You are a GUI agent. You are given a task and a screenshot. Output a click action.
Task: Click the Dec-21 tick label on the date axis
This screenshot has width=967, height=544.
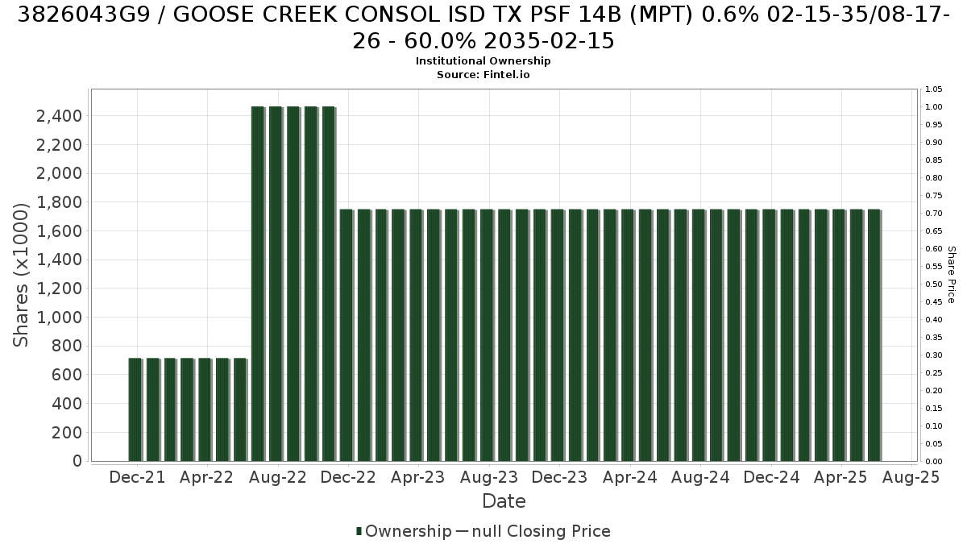pos(137,477)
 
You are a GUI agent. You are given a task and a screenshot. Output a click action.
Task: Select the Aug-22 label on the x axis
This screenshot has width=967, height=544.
pos(278,477)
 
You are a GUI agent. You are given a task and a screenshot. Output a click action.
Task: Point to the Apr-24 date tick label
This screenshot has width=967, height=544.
pos(630,477)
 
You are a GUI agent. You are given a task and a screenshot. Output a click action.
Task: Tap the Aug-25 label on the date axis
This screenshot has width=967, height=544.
pos(911,477)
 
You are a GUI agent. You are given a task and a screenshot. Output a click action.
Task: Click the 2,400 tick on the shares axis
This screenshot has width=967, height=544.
pos(59,116)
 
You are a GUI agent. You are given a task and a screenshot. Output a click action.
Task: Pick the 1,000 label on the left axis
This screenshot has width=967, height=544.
pos(59,318)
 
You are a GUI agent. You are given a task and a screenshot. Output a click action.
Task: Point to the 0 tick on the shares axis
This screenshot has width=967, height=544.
pos(77,461)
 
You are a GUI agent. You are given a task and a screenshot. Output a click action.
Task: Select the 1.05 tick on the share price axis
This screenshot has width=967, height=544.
pos(934,89)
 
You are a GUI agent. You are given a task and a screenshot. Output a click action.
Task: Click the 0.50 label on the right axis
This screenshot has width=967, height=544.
pos(934,284)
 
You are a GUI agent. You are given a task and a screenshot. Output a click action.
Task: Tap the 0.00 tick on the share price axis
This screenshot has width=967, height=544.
pos(934,462)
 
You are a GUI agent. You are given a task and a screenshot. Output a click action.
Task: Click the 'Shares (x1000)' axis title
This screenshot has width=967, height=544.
pos(20,275)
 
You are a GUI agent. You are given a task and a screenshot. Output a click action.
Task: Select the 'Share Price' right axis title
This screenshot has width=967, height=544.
pos(951,275)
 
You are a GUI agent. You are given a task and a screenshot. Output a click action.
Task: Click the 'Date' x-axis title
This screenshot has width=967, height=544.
pos(504,501)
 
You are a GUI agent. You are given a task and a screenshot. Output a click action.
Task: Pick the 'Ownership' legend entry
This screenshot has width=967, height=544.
pos(404,531)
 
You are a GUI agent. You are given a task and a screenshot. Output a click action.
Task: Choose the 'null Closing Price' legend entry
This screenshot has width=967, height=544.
pos(533,531)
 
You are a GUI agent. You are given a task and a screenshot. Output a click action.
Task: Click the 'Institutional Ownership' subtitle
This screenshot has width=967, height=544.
pos(483,61)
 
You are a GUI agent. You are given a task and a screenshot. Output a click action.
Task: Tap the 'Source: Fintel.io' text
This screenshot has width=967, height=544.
pos(483,75)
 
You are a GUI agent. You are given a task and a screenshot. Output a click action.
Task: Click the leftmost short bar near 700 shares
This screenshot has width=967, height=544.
pos(135,409)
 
